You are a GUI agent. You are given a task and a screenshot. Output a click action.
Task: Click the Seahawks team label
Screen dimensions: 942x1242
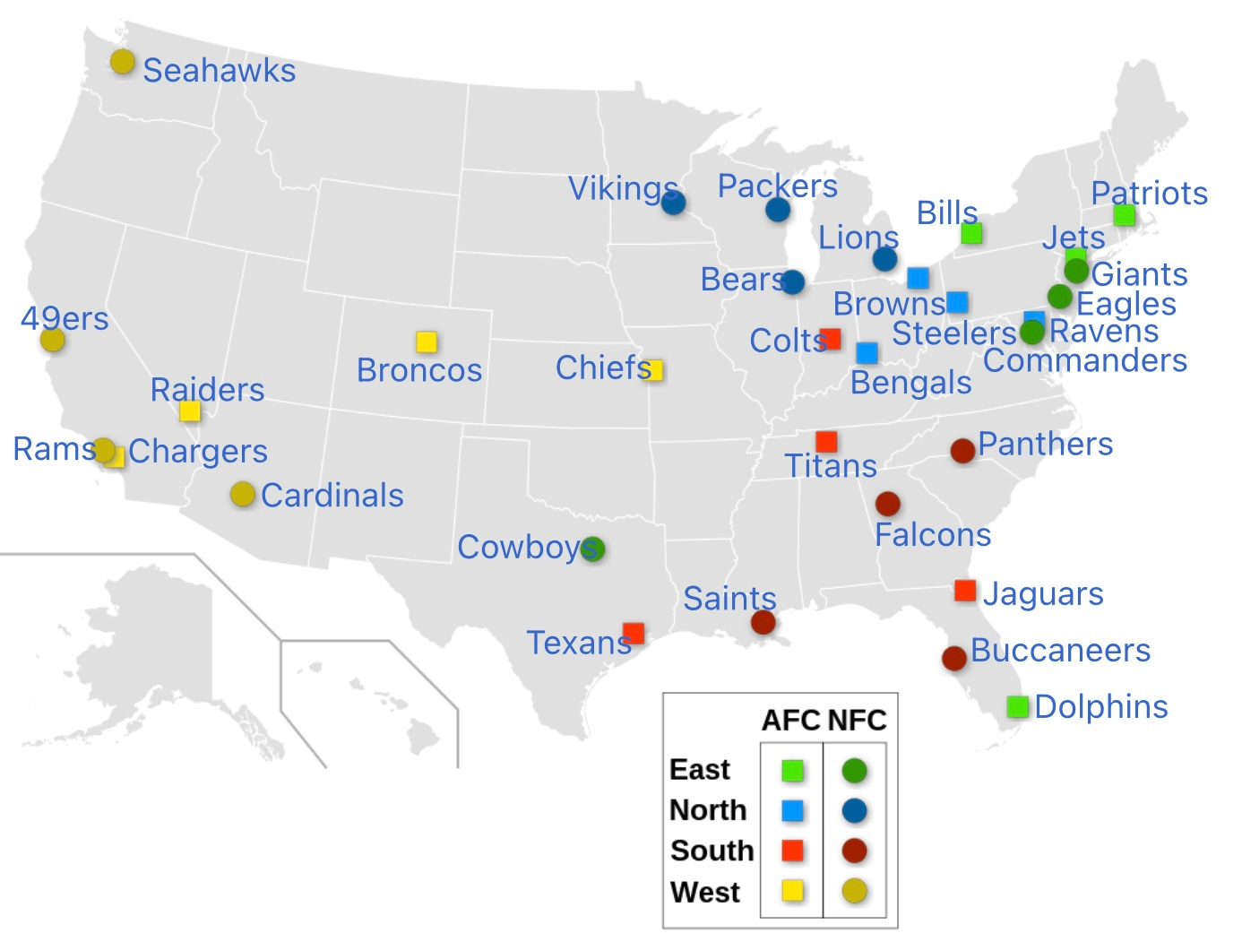[x=219, y=70]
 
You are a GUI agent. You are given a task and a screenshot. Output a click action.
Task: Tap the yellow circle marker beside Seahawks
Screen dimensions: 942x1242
[x=123, y=62]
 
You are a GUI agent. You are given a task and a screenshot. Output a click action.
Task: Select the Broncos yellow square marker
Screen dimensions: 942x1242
[x=427, y=341]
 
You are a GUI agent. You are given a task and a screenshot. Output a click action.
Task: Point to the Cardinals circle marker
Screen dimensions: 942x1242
[x=242, y=494]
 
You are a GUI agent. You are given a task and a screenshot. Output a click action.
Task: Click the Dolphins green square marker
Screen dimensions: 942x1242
[x=1017, y=706]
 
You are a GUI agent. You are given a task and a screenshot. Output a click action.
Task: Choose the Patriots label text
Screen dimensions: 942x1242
[x=1149, y=193]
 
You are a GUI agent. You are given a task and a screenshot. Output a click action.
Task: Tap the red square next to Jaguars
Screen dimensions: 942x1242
[x=965, y=591]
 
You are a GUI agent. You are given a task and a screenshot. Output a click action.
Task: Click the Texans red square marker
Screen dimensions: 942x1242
[x=634, y=633]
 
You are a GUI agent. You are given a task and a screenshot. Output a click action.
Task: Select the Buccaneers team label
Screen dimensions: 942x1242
[x=1060, y=650]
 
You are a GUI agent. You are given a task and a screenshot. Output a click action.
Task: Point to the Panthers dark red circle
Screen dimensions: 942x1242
[x=962, y=450]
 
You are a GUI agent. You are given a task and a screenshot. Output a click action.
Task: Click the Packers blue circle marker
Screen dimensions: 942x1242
[x=778, y=210]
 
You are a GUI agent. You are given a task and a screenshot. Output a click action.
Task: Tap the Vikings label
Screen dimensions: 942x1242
[x=623, y=188]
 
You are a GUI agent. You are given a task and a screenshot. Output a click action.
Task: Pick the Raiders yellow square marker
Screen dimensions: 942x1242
[x=189, y=411]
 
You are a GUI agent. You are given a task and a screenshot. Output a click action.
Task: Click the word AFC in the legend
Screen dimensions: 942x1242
[x=790, y=720]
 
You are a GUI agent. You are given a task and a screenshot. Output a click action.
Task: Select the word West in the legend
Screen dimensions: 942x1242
[x=704, y=892]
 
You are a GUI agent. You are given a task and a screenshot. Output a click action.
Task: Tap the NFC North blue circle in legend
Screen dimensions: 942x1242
[x=854, y=811]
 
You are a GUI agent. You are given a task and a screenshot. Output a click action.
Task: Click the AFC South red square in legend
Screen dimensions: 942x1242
[x=792, y=850]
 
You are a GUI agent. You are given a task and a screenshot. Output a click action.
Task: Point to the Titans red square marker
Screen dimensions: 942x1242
[x=826, y=441]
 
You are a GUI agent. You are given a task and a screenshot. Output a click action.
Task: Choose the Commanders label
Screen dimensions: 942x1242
[x=1084, y=360]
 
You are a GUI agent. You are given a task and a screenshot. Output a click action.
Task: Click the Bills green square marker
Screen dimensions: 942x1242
[x=971, y=233]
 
